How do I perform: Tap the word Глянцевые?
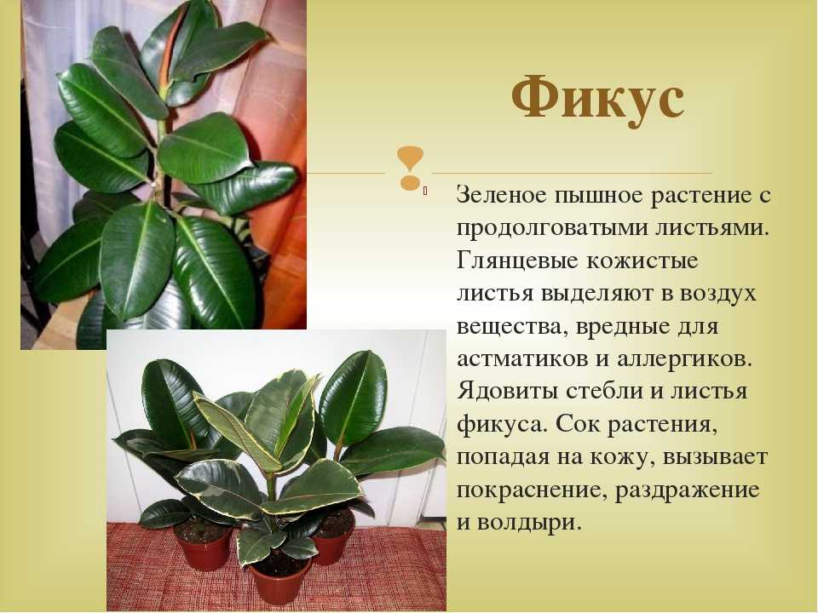[516, 261]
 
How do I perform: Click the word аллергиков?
[684, 359]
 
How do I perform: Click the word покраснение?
[532, 491]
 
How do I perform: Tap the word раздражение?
[687, 491]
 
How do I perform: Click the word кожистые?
[642, 261]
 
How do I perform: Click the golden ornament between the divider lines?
[410, 168]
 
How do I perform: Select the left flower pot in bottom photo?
[203, 545]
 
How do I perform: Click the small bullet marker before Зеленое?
[426, 192]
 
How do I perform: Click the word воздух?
[717, 295]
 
